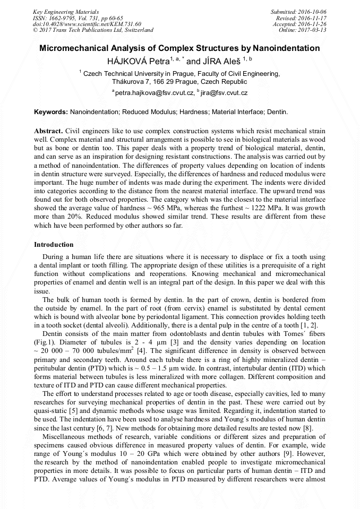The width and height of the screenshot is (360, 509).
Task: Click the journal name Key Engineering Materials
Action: pyautogui.click(x=65, y=11)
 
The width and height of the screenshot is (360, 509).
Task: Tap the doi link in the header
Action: pyautogui.click(x=87, y=24)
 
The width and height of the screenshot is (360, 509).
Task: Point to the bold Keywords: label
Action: pyautogui.click(x=51, y=113)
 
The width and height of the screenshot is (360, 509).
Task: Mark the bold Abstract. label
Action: pyautogui.click(x=49, y=131)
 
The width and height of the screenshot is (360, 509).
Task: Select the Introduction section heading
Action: pyautogui.click(x=54, y=245)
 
